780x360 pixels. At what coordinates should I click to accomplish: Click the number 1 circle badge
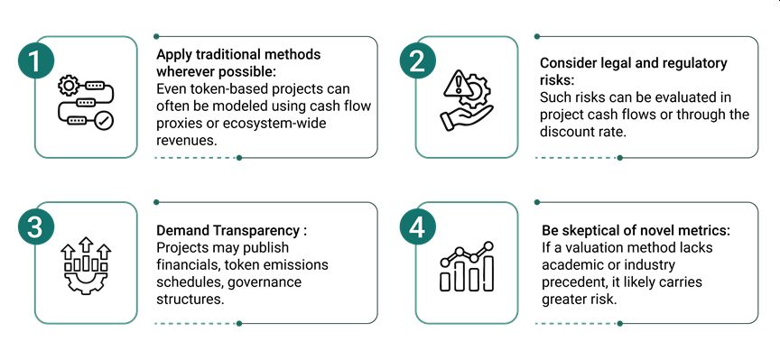click(x=35, y=61)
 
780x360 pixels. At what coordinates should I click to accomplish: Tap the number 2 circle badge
click(x=417, y=61)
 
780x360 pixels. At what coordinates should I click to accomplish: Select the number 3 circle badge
click(x=35, y=227)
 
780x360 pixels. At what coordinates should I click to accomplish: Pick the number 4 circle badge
click(x=417, y=227)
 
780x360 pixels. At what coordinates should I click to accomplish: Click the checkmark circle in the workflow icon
click(x=106, y=120)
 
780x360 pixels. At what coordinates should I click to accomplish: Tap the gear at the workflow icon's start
click(x=68, y=86)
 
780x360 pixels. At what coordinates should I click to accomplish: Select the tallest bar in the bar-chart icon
click(x=488, y=273)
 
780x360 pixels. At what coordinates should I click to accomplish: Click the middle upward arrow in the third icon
click(x=86, y=246)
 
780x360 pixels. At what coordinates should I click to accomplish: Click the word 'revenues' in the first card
click(x=187, y=140)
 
